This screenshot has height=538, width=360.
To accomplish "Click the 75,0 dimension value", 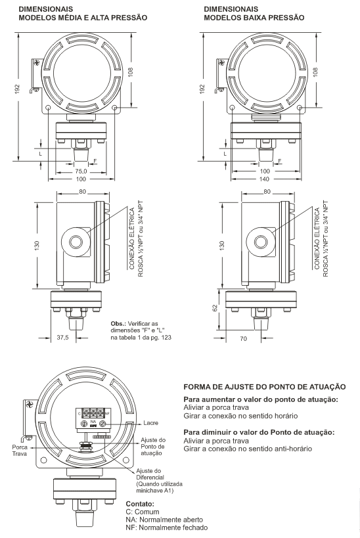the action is [x=81, y=171].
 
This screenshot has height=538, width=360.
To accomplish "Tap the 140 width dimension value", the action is [x=265, y=179].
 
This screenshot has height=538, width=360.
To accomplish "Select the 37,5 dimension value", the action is [x=62, y=338].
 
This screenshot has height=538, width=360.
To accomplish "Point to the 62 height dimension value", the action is [x=215, y=308].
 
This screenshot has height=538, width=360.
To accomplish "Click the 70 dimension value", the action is [x=243, y=339].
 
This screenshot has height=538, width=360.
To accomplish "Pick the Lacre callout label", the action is [x=150, y=423].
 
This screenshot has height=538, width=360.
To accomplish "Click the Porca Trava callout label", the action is [x=20, y=451].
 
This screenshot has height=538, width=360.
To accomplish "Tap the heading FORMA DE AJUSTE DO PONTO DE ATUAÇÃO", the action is [x=265, y=387].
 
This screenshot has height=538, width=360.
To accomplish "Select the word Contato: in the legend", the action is [x=140, y=504].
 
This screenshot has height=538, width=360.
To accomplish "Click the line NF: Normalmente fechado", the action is [x=167, y=527].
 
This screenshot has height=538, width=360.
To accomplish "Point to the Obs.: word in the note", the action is [x=118, y=324].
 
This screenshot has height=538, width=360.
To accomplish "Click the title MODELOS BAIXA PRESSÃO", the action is [x=254, y=18].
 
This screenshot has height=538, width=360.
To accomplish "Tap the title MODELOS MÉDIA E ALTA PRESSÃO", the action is [x=83, y=18].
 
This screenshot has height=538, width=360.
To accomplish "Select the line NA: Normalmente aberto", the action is [x=164, y=520].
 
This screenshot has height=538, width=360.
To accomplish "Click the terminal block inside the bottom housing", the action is [x=93, y=418].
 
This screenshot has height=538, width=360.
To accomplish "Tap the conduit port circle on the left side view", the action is [x=75, y=242].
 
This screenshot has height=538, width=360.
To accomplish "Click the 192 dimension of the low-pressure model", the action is [x=202, y=89].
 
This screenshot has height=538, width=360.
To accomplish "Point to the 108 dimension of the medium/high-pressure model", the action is [x=131, y=72].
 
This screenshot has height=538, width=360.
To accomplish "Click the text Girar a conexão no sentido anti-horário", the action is [x=248, y=449].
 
